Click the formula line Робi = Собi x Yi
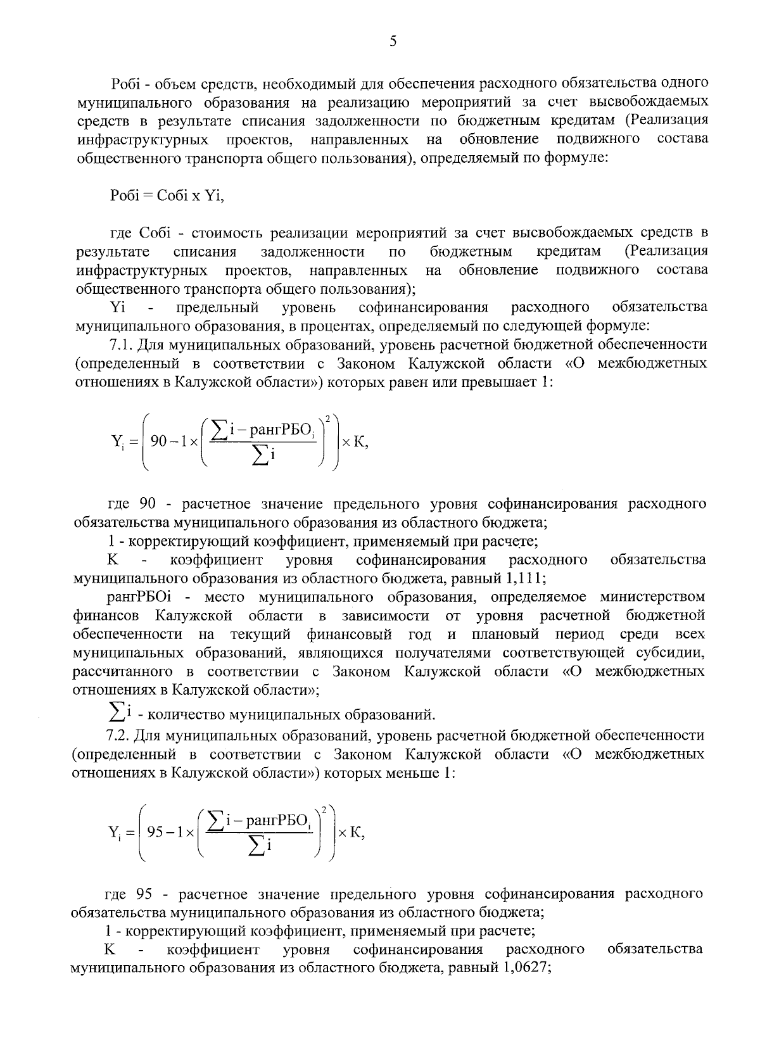coord(167,195)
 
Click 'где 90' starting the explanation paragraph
coord(132,504)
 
